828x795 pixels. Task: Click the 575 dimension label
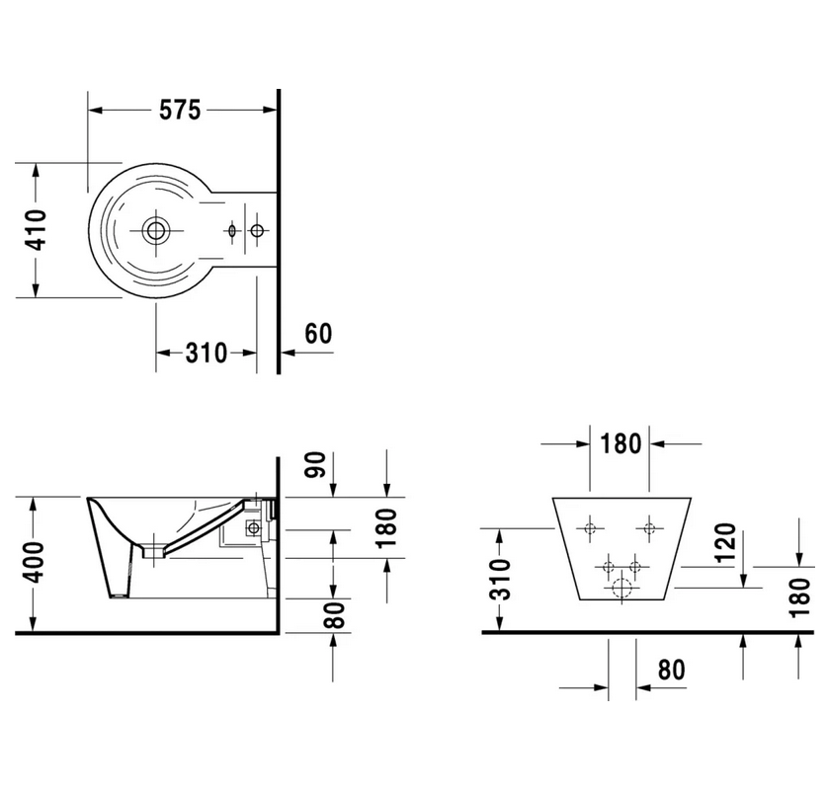pos(180,110)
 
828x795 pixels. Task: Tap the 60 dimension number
pos(318,334)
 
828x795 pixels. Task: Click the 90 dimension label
pos(316,464)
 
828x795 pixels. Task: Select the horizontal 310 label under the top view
pos(206,354)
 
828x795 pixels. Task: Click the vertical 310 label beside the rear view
pos(500,580)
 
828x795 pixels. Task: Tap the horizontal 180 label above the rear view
pos(621,444)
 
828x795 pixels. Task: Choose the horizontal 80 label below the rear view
pos(671,670)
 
